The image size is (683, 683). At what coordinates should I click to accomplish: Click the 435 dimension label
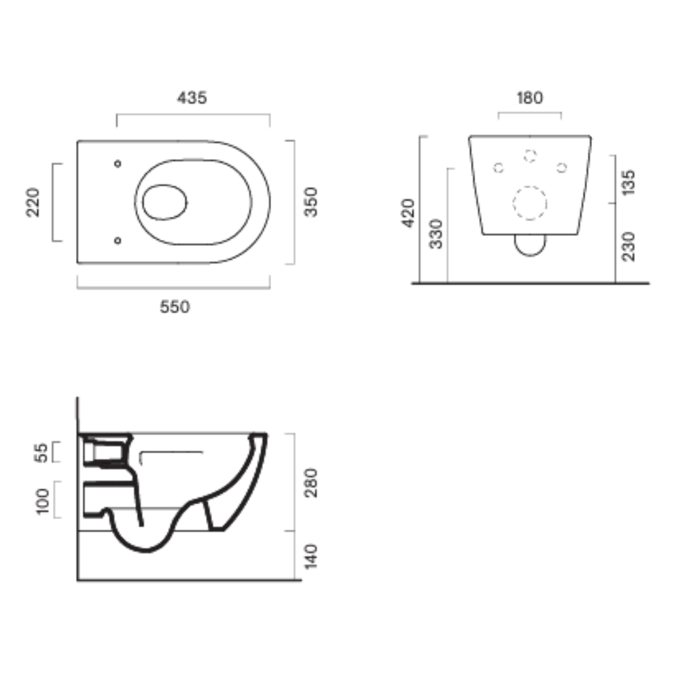[192, 98]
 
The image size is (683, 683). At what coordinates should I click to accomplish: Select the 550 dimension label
[175, 307]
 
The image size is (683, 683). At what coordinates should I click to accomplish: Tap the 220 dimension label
[33, 202]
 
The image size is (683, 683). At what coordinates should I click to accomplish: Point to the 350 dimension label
[311, 202]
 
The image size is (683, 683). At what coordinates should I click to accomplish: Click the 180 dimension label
[529, 98]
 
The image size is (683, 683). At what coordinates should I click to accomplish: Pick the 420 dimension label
[408, 213]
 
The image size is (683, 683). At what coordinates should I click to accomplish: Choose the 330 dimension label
[436, 234]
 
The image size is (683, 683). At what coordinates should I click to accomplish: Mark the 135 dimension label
[629, 183]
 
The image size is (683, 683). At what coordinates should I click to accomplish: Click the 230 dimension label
[629, 247]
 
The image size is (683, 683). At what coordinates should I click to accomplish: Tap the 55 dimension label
[42, 453]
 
